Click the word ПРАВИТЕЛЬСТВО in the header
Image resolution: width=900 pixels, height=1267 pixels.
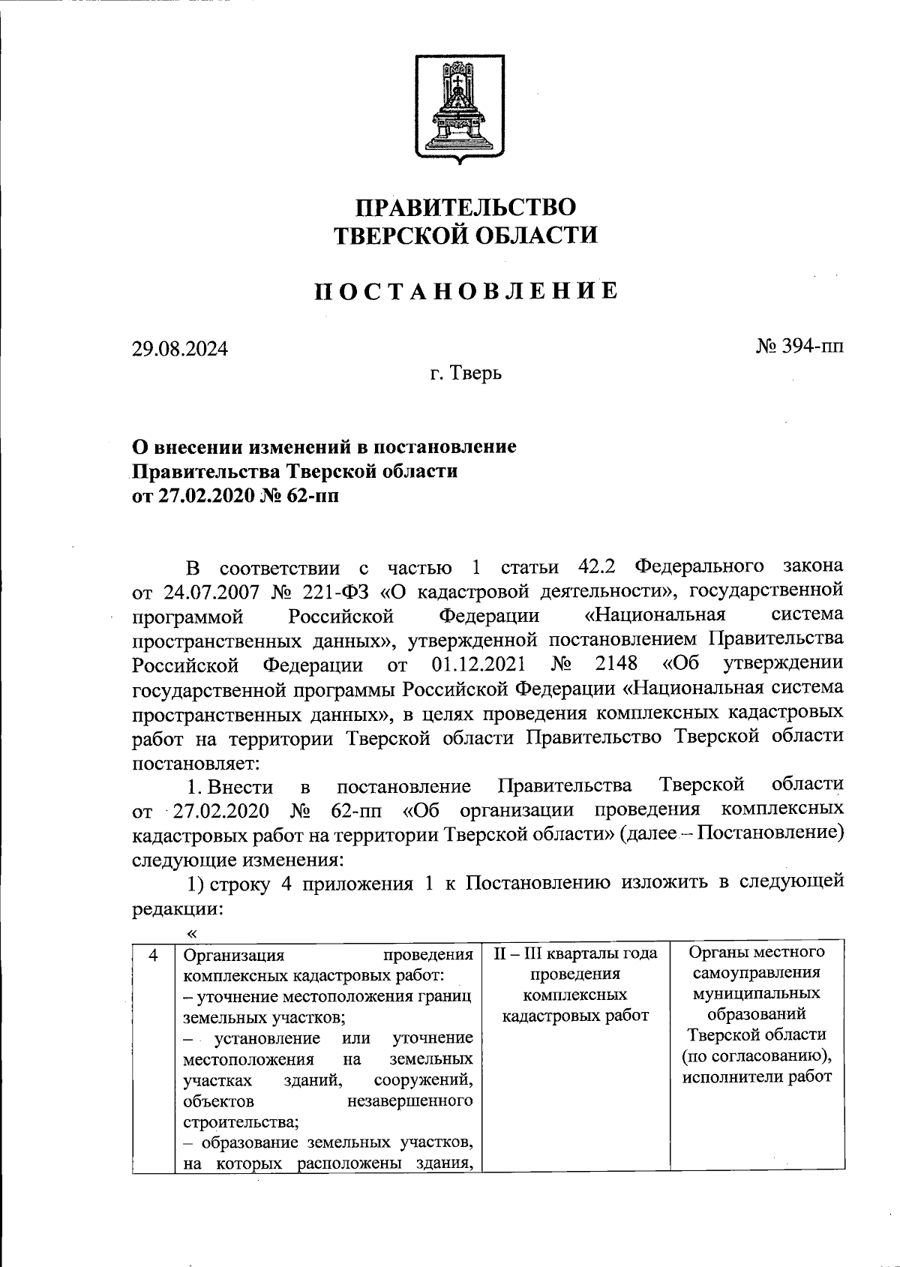[465, 207]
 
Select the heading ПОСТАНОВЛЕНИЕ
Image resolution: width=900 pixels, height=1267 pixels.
[465, 290]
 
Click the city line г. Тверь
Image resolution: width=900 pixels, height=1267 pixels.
[466, 372]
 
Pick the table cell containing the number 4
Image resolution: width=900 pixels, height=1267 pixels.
[153, 955]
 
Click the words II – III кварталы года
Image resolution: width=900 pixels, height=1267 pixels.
[575, 953]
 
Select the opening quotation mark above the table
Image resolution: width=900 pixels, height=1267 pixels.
[192, 932]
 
